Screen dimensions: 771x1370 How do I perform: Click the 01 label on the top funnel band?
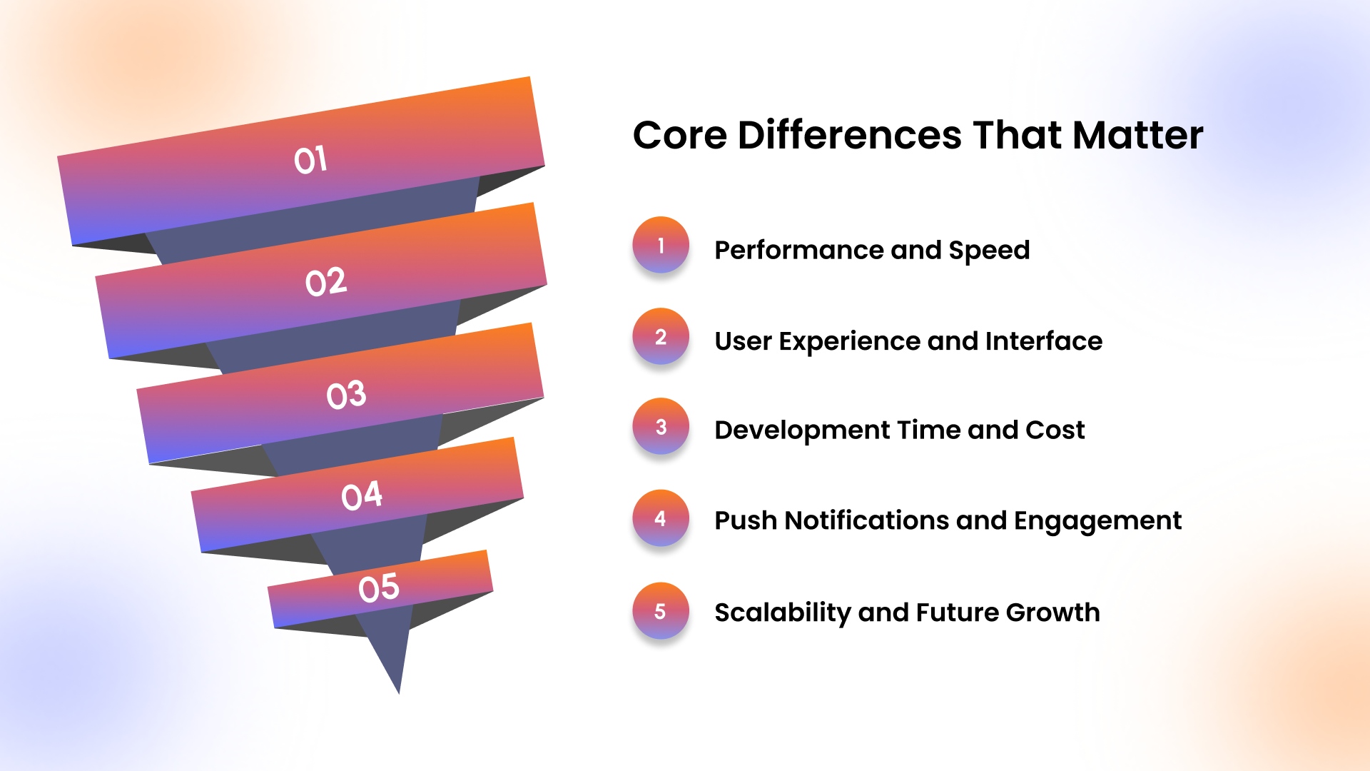(310, 160)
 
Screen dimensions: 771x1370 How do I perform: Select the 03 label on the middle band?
(346, 395)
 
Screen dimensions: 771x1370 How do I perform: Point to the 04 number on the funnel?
(362, 495)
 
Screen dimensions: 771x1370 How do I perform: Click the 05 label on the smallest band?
(379, 588)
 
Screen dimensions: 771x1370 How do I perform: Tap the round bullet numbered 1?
(661, 245)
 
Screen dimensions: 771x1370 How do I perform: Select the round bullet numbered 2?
(661, 336)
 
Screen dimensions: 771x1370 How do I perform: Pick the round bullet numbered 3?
(661, 426)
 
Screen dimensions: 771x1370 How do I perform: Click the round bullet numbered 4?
(661, 518)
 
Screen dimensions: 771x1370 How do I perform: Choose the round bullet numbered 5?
(661, 610)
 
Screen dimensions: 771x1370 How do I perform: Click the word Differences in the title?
(849, 135)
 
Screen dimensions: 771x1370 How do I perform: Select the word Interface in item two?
(1043, 341)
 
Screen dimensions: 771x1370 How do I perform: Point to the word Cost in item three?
(1055, 430)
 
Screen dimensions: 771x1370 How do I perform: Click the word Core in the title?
(679, 135)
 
